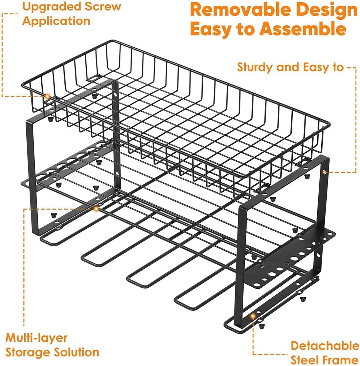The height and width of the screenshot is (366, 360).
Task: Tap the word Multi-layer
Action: coord(31,337)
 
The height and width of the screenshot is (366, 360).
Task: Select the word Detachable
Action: coord(325,346)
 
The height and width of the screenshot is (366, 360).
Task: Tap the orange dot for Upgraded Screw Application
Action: coord(47,96)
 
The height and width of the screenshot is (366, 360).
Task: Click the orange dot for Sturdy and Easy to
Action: coord(324,171)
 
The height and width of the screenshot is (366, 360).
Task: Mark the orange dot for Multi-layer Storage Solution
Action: coord(96,209)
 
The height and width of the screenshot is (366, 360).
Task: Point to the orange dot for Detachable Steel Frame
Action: coord(252,315)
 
